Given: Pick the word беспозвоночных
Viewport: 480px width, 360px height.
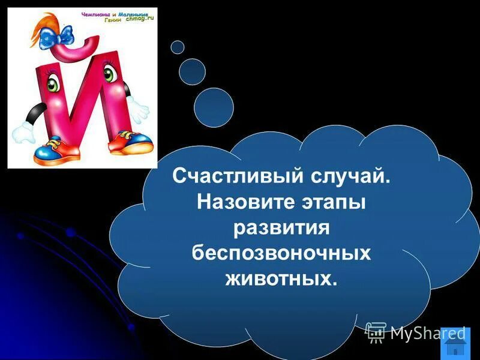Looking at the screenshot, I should pyautogui.click(x=281, y=253).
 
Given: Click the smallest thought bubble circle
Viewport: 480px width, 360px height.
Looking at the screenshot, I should pyautogui.click(x=178, y=47).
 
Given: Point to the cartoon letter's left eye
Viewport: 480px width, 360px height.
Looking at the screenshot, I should pyautogui.click(x=53, y=83).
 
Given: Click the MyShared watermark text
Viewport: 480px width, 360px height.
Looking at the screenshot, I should pyautogui.click(x=427, y=332).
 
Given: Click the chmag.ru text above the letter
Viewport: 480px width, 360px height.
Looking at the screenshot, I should pyautogui.click(x=139, y=19).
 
